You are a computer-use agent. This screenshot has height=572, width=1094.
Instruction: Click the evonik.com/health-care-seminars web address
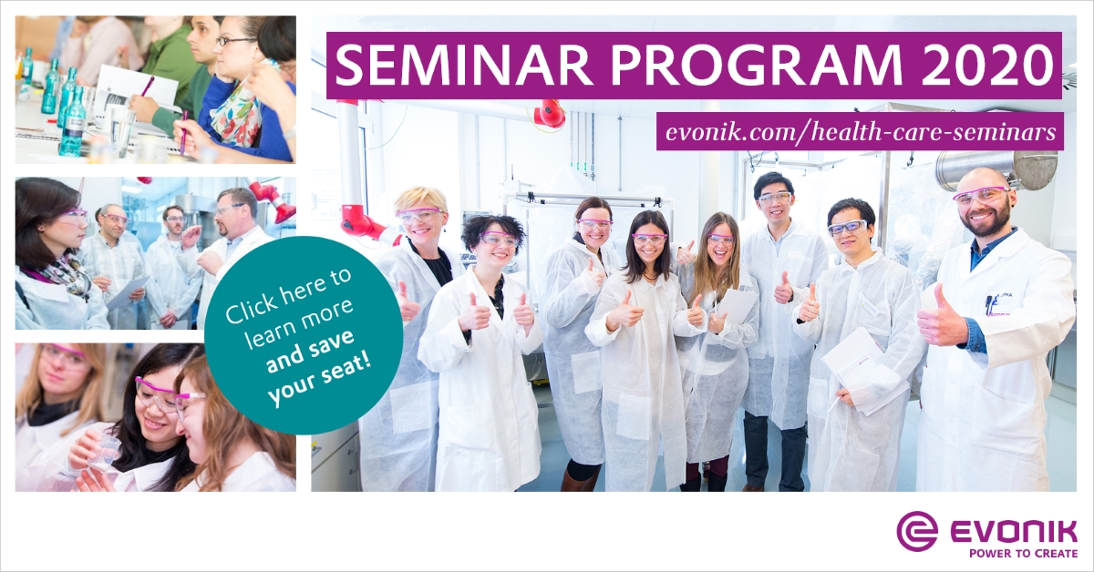[x=860, y=132]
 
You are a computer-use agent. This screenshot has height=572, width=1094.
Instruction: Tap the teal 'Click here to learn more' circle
[x=304, y=335]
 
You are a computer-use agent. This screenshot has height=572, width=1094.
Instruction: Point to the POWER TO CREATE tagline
[x=1023, y=554]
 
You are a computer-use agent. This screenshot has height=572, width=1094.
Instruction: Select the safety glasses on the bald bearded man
[x=981, y=196]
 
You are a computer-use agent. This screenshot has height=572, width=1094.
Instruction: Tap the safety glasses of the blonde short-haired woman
[x=420, y=215]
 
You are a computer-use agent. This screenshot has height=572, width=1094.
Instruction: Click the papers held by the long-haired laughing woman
[x=738, y=305]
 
